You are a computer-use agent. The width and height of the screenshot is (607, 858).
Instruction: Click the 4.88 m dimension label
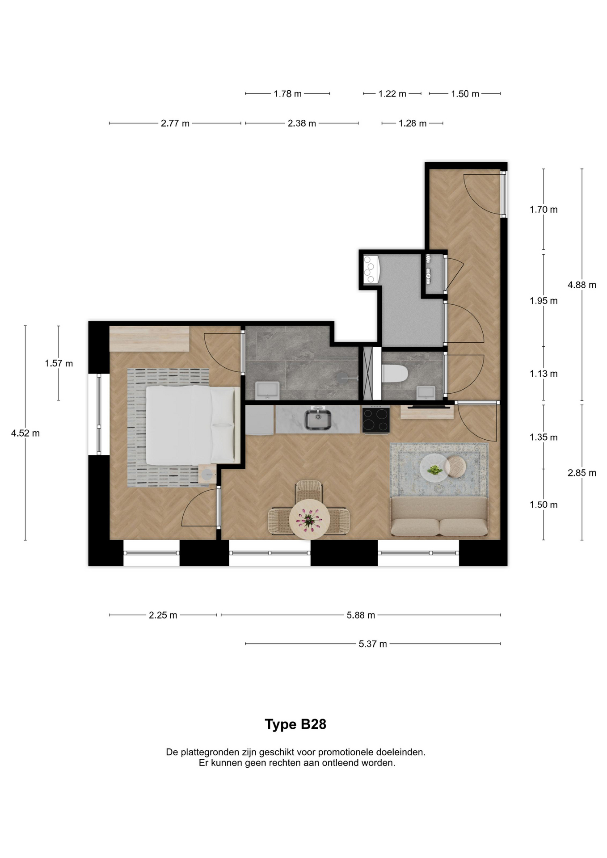pyautogui.click(x=582, y=285)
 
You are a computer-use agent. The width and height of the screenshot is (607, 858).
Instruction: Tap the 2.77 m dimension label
pyautogui.click(x=175, y=123)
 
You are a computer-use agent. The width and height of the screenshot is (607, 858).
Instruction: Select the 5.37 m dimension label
pyautogui.click(x=372, y=644)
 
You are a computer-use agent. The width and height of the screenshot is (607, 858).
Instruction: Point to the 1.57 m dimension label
pyautogui.click(x=59, y=363)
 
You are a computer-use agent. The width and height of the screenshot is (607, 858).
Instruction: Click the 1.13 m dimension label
pyautogui.click(x=544, y=374)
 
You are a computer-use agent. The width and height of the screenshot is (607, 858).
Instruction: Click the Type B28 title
pyautogui.click(x=295, y=724)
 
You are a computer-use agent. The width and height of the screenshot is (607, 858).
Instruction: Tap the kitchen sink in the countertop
pyautogui.click(x=318, y=420)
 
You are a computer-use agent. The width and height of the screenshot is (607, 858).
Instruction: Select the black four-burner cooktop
pyautogui.click(x=376, y=420)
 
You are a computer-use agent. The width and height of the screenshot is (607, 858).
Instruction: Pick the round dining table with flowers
pyautogui.click(x=309, y=520)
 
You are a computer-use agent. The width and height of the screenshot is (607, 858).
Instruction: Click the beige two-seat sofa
pyautogui.click(x=439, y=517)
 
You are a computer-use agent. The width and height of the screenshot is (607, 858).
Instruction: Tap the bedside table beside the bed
pyautogui.click(x=207, y=474)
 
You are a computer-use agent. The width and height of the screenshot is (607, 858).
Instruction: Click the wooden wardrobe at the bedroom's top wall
pyautogui.click(x=149, y=339)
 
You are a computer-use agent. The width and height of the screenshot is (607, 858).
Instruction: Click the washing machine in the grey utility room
pyautogui.click(x=371, y=269)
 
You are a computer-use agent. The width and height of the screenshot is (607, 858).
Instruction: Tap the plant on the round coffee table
pyautogui.click(x=434, y=470)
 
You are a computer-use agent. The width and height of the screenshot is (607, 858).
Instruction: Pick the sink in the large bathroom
pyautogui.click(x=267, y=391)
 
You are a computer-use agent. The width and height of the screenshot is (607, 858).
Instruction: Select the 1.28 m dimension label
pyautogui.click(x=412, y=123)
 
